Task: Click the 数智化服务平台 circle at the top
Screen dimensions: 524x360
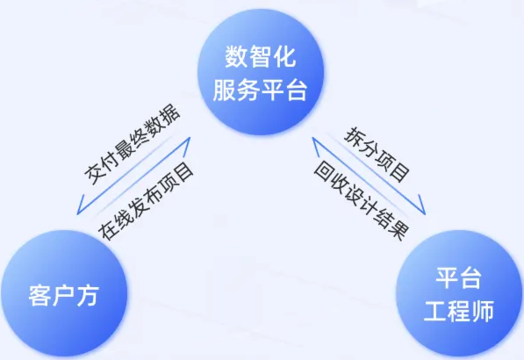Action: tap(261, 72)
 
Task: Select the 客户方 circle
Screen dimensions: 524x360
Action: tap(64, 293)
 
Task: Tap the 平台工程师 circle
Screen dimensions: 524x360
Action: tap(459, 293)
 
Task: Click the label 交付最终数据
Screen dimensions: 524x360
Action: tap(132, 145)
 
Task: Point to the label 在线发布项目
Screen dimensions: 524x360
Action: tap(146, 201)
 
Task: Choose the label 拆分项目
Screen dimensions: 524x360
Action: tap(377, 154)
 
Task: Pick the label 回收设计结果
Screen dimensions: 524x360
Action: tap(362, 200)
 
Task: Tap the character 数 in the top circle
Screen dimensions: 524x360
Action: tap(236, 56)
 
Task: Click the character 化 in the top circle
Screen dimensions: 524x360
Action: tap(284, 56)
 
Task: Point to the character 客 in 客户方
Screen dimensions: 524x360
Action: tap(39, 296)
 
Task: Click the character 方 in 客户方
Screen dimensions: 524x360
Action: tap(88, 296)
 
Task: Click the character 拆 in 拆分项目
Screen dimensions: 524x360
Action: tap(354, 135)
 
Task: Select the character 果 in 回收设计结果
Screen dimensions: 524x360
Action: tap(399, 230)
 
